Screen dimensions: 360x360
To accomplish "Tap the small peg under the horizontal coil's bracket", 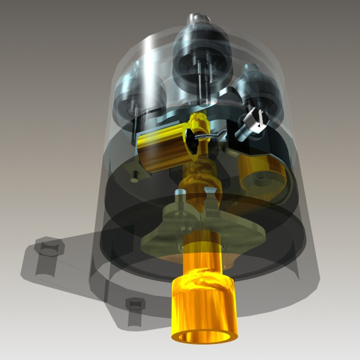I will pos(134,178).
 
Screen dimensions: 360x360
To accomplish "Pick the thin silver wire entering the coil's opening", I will pos(208,136).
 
